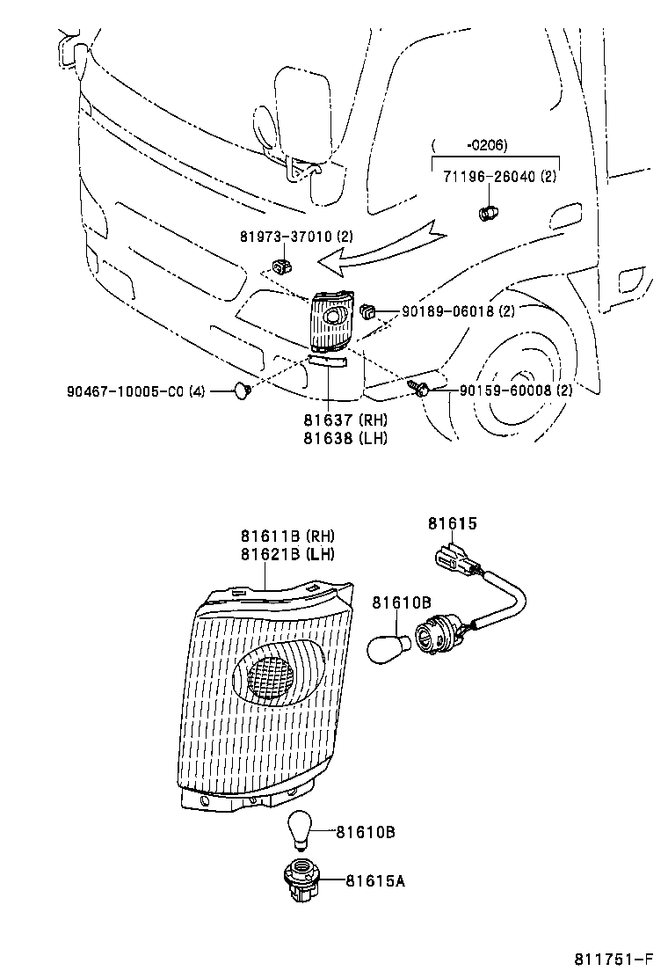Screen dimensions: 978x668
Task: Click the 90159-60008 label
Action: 505,390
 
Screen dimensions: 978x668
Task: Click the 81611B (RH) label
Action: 287,536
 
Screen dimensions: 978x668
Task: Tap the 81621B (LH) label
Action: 287,553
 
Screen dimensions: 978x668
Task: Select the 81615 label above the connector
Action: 452,523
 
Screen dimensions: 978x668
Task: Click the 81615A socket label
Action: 375,880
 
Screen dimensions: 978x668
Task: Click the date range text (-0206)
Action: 483,145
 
